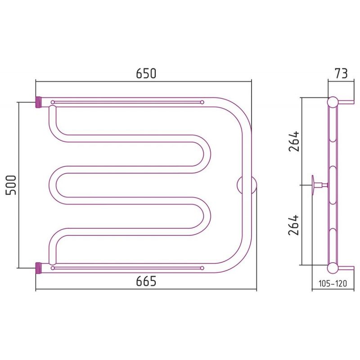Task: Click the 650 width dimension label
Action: [x=146, y=73]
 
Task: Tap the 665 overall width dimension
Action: [x=146, y=280]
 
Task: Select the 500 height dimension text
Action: [x=11, y=185]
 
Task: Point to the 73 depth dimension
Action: [x=341, y=73]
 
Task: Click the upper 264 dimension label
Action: [x=294, y=141]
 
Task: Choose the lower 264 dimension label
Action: [x=294, y=225]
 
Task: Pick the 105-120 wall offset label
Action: [x=333, y=283]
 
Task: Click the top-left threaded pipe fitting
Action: [x=38, y=102]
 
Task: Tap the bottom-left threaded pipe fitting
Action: [x=38, y=268]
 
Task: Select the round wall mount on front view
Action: [x=247, y=185]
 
